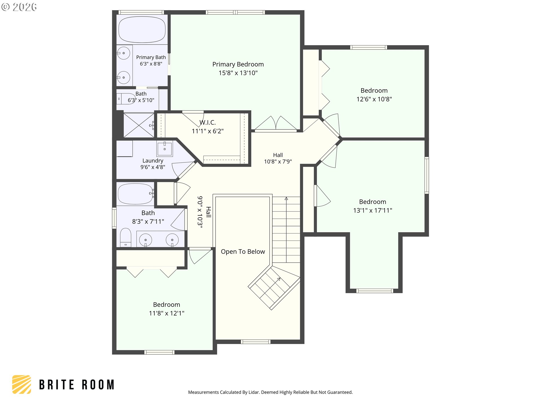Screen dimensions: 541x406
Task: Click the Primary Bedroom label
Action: click(238, 64)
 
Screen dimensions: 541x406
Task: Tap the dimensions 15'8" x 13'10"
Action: click(238, 73)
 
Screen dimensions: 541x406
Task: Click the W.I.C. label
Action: click(208, 122)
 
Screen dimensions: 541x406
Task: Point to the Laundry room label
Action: click(153, 160)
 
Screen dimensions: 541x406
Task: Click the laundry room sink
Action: click(165, 148)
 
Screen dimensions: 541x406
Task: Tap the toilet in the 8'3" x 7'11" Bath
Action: click(126, 237)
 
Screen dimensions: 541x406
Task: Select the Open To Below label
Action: click(243, 251)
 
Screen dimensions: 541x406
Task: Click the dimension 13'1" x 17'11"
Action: click(373, 210)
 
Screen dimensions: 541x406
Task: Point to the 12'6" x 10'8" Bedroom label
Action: click(374, 91)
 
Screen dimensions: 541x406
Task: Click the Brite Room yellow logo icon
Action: click(21, 384)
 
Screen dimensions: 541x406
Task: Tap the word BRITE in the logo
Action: click(57, 385)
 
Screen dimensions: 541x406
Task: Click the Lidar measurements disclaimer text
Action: click(270, 392)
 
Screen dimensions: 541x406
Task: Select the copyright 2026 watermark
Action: click(19, 7)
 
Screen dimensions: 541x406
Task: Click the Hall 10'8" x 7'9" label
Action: click(278, 158)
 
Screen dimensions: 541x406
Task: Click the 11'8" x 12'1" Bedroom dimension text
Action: click(167, 313)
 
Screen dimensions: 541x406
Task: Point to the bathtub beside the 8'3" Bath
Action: click(136, 194)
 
